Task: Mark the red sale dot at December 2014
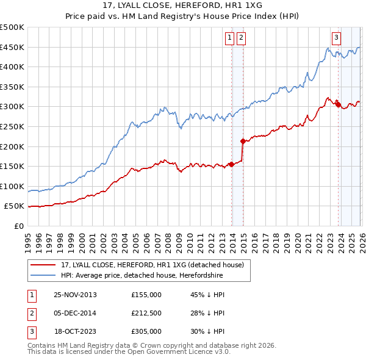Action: (243, 142)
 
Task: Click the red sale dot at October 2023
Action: (338, 105)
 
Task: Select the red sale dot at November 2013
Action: (232, 164)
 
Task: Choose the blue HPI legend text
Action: (142, 276)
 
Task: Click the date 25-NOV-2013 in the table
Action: (75, 295)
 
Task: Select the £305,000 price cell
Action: (146, 331)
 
